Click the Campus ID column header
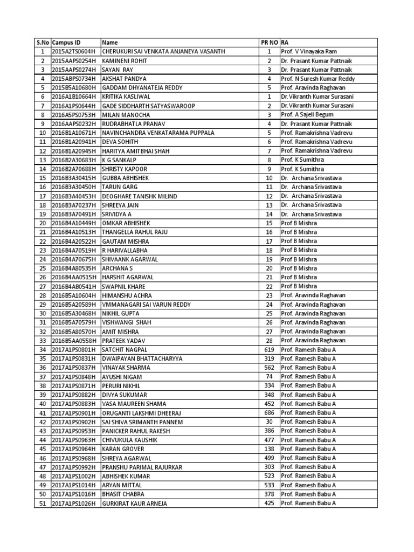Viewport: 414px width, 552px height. pos(66,42)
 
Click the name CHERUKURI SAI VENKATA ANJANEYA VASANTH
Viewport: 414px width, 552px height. pos(163,52)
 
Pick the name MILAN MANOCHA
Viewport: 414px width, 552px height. pos(124,115)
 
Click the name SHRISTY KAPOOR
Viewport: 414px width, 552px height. pos(124,169)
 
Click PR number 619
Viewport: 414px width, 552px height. pos(268,350)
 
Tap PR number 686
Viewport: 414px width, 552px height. pos(268,413)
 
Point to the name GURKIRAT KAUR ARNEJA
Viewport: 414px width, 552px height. pos(134,503)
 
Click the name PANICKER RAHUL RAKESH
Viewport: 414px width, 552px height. pos(135,431)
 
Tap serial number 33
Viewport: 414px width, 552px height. pos(42,341)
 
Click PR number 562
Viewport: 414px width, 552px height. pos(268,368)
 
